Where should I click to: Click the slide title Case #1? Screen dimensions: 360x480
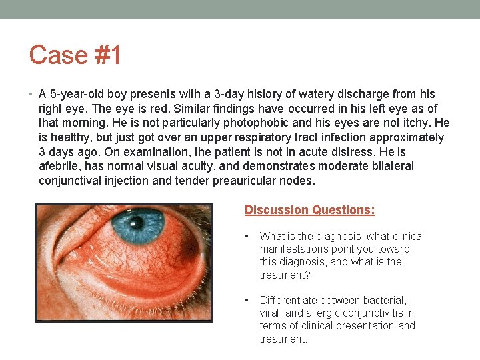pyautogui.click(x=75, y=55)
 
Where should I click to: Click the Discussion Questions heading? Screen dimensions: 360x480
pyautogui.click(x=309, y=210)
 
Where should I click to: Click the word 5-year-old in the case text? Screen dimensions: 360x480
pyautogui.click(x=79, y=94)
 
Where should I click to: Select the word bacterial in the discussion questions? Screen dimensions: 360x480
pyautogui.click(x=383, y=301)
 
